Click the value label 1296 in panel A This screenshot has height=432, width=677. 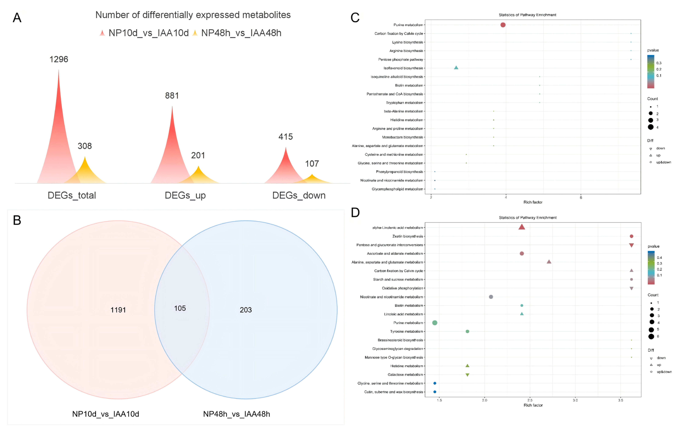[59, 59]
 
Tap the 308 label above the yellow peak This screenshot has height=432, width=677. [85, 146]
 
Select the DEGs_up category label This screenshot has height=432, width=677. [185, 195]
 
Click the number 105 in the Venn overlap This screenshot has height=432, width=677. [180, 308]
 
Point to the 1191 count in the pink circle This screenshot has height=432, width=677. [118, 310]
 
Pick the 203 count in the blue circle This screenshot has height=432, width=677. [246, 310]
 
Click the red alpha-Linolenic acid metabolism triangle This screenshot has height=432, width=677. [522, 227]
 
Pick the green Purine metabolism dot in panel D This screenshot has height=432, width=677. [435, 323]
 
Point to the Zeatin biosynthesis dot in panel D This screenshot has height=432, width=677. [631, 236]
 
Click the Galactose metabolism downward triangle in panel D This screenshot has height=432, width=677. [467, 375]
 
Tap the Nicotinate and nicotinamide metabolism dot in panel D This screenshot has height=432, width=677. [491, 297]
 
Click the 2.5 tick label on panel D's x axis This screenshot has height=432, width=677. [530, 400]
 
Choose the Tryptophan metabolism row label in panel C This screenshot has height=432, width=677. [404, 103]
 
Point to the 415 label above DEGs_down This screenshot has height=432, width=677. [286, 137]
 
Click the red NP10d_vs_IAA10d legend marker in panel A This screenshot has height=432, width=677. [102, 33]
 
